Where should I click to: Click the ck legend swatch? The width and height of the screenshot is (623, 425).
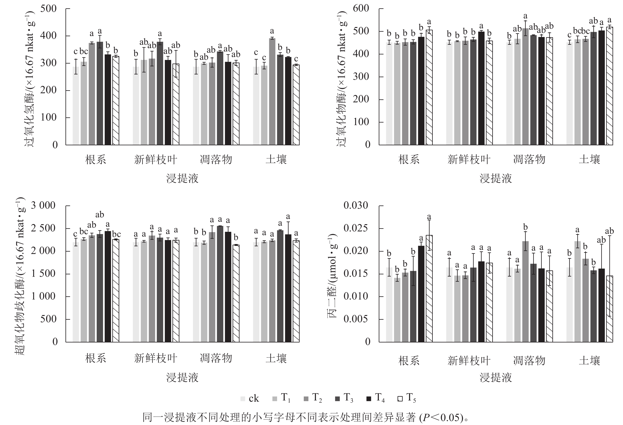click(243, 399)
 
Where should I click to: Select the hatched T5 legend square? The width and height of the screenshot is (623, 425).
click(400, 399)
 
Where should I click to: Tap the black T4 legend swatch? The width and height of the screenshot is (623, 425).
click(369, 399)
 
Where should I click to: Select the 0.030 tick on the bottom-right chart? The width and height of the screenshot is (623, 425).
click(356, 206)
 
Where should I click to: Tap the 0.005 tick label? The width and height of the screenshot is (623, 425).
click(356, 319)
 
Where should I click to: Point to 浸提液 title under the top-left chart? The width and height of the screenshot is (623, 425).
click(182, 178)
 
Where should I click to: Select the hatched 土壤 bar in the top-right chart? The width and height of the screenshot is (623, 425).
click(610, 86)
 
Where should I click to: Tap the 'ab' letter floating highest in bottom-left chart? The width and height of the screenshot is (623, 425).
click(100, 215)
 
